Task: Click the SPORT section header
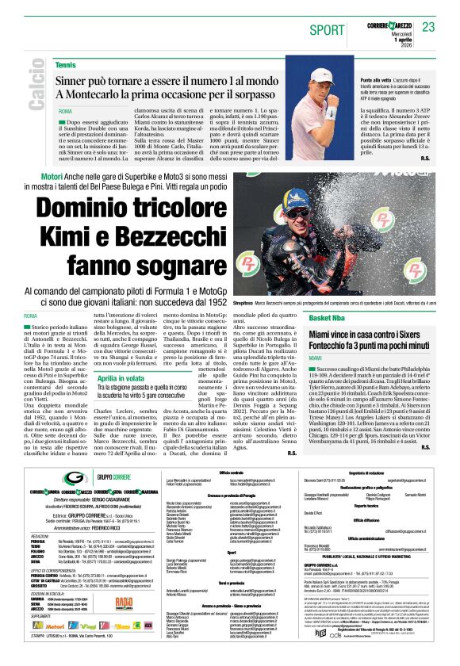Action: coord(325,29)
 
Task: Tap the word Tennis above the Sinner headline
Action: coord(67,64)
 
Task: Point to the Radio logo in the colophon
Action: coord(124,602)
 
